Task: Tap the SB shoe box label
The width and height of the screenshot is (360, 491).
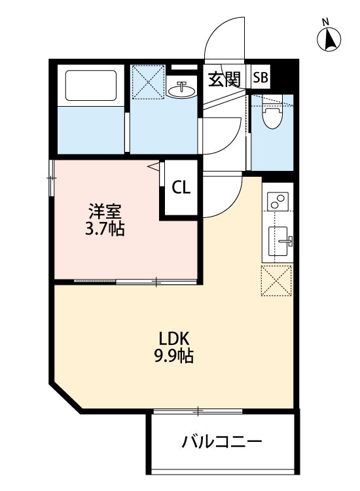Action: (260, 79)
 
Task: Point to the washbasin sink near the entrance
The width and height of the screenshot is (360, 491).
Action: (182, 89)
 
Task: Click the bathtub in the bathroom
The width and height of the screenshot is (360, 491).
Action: (92, 85)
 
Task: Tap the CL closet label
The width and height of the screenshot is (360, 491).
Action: (181, 188)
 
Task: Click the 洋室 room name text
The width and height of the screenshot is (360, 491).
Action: (104, 212)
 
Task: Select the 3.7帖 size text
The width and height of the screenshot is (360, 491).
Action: (104, 229)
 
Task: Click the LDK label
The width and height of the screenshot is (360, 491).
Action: (174, 339)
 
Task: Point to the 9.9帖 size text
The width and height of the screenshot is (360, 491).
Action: (174, 357)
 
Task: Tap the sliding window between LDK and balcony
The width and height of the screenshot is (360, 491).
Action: (198, 411)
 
